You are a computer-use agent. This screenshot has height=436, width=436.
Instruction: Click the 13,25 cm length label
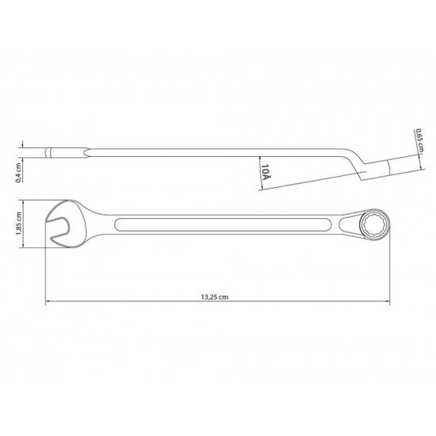pyautogui.click(x=216, y=296)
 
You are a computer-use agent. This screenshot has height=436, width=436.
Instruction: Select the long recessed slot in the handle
pyautogui.click(x=222, y=225)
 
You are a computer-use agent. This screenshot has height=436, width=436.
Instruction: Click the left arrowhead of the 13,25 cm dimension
pyautogui.click(x=48, y=302)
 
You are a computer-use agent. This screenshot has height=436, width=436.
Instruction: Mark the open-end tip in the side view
pyautogui.click(x=49, y=152)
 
